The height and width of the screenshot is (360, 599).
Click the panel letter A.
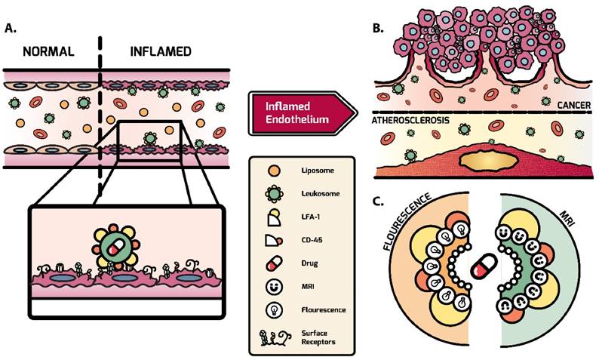click(x=11, y=29)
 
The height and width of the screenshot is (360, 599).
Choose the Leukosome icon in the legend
click(x=273, y=195)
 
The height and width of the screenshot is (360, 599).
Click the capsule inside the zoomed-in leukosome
click(x=115, y=248)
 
